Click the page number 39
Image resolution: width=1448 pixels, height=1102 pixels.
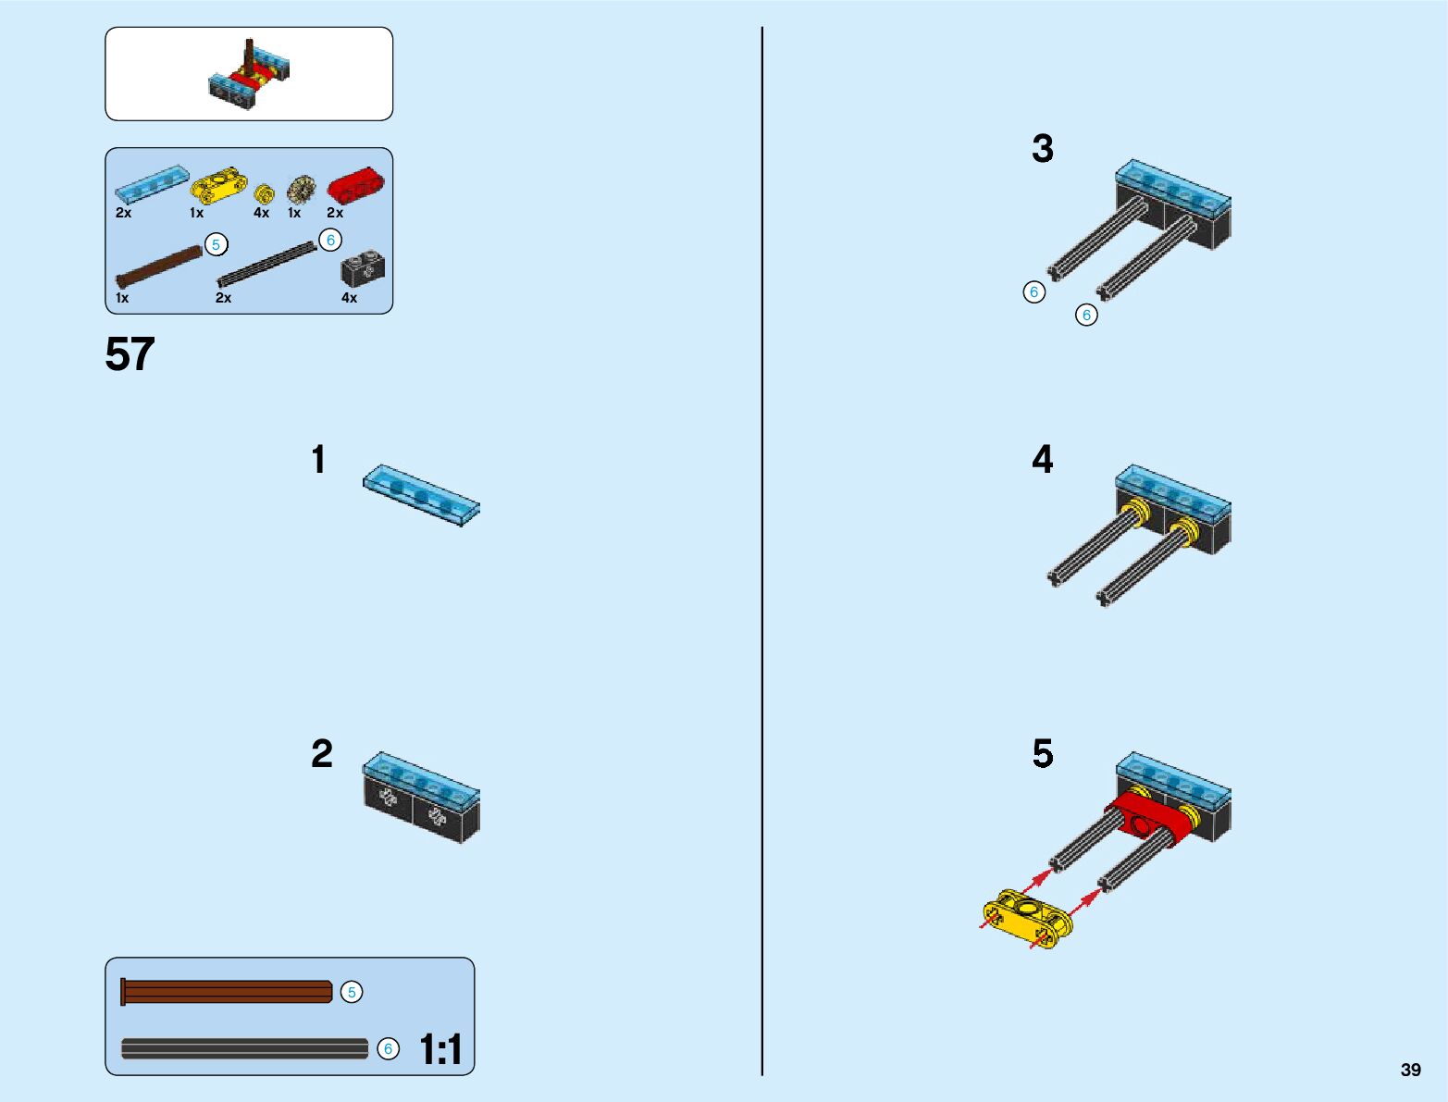click(x=1410, y=1070)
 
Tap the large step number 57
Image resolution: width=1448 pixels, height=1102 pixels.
click(x=130, y=354)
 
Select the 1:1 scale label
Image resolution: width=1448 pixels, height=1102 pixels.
click(x=440, y=1049)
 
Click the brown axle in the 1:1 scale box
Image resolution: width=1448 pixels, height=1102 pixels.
click(x=227, y=992)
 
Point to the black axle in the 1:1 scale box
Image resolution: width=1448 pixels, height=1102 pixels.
click(x=244, y=1048)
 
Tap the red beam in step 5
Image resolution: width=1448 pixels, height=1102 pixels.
click(x=1147, y=818)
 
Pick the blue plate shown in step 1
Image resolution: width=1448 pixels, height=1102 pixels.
click(x=422, y=495)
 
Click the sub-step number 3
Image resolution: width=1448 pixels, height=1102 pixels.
click(x=1043, y=149)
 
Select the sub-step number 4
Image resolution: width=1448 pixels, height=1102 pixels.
click(x=1043, y=460)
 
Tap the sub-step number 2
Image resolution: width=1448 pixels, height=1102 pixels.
click(x=321, y=754)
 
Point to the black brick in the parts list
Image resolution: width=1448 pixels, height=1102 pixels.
click(x=363, y=269)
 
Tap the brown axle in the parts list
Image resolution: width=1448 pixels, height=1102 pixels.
click(x=159, y=266)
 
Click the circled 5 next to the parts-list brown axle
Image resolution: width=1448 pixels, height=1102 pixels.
click(x=216, y=245)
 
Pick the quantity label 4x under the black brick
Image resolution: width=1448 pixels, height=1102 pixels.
click(x=349, y=298)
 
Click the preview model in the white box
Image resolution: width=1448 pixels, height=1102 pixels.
click(x=249, y=76)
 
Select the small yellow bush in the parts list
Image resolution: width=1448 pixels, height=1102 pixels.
click(x=265, y=193)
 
